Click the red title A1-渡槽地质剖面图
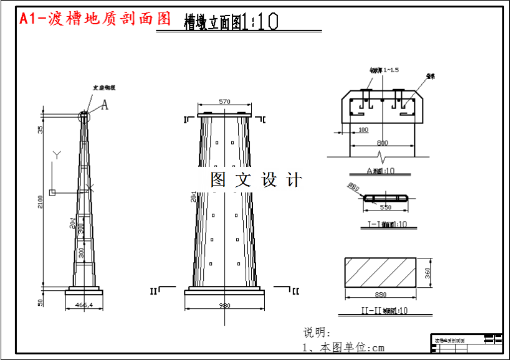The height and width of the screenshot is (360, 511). pos(95,19)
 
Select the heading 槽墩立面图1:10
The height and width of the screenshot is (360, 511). pos(231,22)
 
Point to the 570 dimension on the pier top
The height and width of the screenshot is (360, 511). pos(224,102)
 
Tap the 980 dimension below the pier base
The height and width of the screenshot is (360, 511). pos(224,305)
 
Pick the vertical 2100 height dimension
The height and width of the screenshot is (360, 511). pos(41,202)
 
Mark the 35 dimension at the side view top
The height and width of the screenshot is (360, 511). pos(41,130)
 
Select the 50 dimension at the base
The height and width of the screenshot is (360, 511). pos(41,302)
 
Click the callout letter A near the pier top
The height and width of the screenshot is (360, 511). pos(105,105)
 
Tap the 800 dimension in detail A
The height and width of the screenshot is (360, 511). pos(382,143)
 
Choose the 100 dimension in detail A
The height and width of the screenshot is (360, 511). pos(363,130)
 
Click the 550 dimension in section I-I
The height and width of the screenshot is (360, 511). pos(386,207)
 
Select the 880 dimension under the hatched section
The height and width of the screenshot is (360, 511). pos(381,295)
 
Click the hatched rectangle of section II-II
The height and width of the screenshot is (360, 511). pos(381,273)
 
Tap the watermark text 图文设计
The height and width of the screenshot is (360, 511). pos(256,180)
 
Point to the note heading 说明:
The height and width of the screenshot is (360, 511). pos(317,333)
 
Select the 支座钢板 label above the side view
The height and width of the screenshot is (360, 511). pos(103,88)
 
